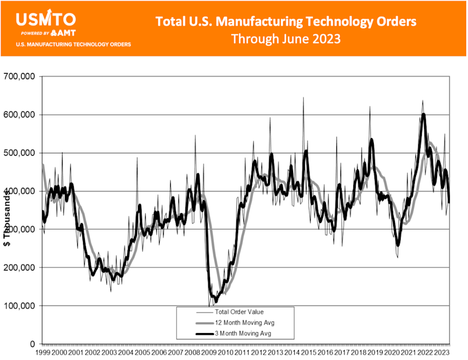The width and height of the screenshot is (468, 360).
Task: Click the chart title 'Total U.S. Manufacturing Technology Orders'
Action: [x=286, y=22]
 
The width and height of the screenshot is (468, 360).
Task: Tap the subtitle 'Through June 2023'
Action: [x=286, y=39]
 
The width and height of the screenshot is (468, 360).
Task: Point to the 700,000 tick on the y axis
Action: [x=20, y=76]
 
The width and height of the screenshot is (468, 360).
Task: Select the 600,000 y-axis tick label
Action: [x=20, y=115]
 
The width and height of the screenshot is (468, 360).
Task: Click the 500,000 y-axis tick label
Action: [x=20, y=153]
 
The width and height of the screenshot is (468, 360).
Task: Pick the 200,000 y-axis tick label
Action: [x=20, y=268]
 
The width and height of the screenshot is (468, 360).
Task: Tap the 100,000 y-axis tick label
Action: [x=20, y=306]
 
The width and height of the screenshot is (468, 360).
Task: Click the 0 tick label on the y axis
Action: [x=33, y=344]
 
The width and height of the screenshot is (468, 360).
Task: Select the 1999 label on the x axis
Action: [x=43, y=353]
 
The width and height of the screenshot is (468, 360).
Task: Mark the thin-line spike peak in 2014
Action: [x=303, y=98]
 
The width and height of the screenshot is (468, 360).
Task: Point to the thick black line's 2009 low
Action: [x=216, y=301]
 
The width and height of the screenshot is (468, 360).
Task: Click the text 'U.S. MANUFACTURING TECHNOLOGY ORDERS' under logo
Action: [x=73, y=44]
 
